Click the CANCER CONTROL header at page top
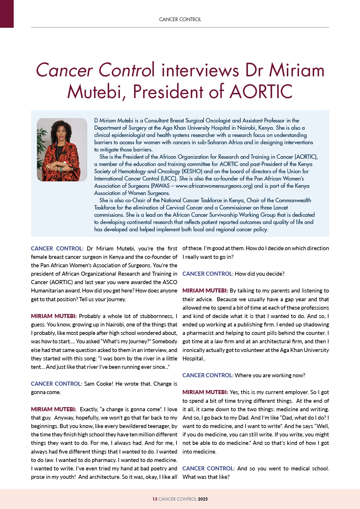click(180, 19)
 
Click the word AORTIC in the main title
click(261, 92)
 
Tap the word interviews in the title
click(199, 70)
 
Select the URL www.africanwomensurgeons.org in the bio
click(214, 186)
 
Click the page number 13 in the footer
click(155, 499)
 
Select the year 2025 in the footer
click(203, 499)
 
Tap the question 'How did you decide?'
click(260, 274)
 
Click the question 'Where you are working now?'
click(270, 375)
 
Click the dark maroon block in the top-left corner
click(7, 14)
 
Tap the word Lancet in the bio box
click(280, 208)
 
